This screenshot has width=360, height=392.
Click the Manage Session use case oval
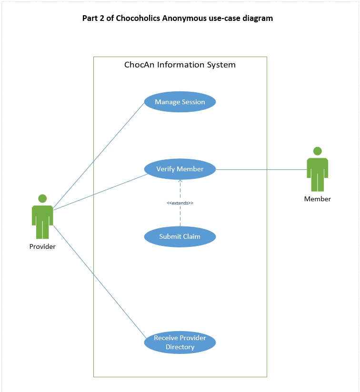[180, 102]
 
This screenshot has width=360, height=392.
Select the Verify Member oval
[180, 169]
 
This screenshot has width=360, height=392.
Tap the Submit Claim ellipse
[180, 236]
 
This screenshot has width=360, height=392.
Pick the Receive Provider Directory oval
[180, 343]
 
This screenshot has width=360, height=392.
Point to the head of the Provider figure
[42, 198]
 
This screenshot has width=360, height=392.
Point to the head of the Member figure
[317, 151]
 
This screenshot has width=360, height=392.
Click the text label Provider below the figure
[42, 246]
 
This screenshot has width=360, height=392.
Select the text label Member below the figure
[317, 199]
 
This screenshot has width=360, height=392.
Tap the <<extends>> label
[180, 203]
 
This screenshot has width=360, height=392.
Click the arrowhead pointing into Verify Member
[180, 182]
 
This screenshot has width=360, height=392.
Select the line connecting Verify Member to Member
[262, 169]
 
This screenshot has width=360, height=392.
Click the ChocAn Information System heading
[180, 65]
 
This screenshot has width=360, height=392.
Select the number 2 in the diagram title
[101, 19]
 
